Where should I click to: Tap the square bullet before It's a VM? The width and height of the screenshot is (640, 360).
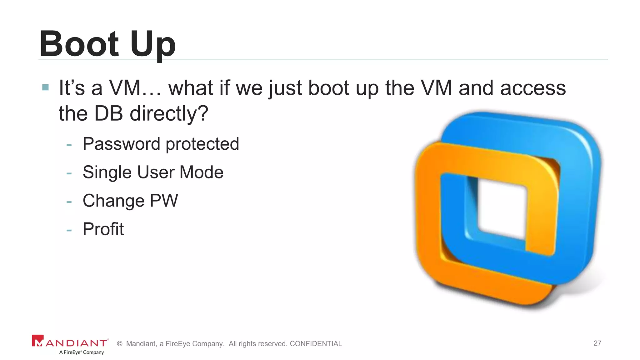coord(45,87)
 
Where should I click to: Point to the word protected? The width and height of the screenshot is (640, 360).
coord(202,144)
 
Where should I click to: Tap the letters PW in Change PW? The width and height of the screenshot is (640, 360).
coord(164,201)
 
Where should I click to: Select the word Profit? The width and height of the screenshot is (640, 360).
coord(103,229)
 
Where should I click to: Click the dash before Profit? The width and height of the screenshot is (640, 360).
coord(69,231)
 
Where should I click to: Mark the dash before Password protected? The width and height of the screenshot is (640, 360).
coord(69,145)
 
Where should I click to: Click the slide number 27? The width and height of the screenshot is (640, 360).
coord(597,343)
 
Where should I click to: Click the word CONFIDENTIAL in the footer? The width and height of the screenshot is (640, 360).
coord(316,344)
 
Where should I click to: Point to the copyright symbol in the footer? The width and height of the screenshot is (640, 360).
coord(119,344)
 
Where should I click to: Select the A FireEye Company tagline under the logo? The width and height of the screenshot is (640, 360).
coord(82,352)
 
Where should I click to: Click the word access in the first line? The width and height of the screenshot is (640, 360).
coord(533,88)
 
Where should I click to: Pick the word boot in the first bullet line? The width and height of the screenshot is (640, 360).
coord(328,88)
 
